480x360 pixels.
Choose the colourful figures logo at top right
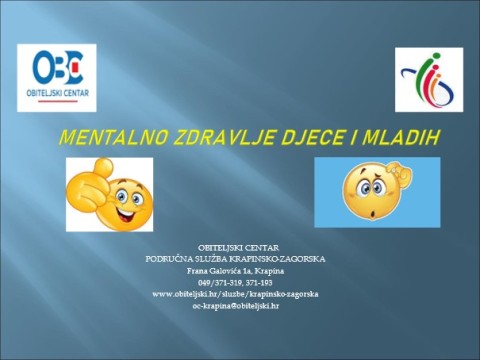(429, 80)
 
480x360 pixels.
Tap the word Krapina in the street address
(265, 270)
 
